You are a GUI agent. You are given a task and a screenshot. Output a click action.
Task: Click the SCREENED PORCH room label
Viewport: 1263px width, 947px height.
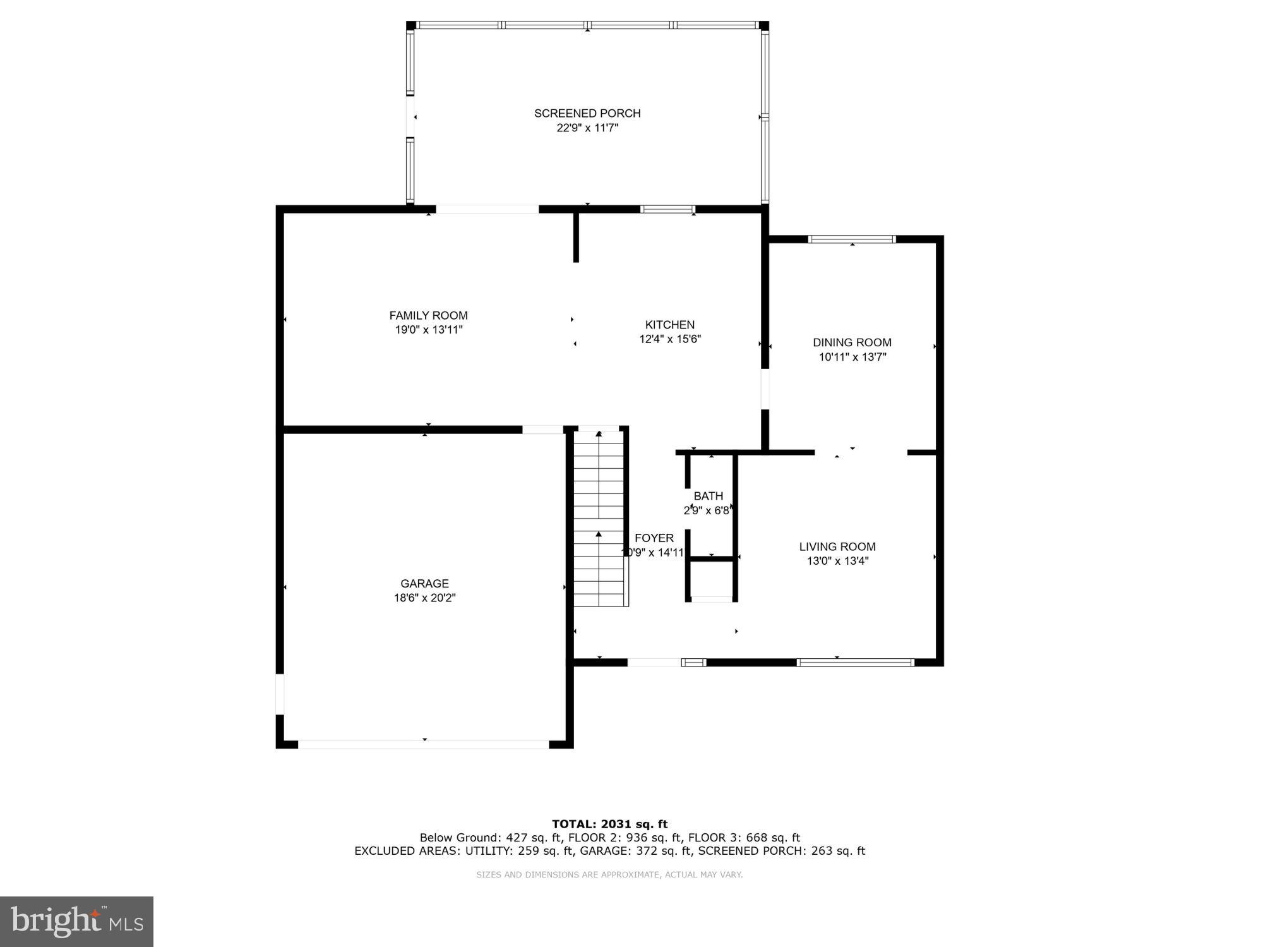pyautogui.click(x=587, y=113)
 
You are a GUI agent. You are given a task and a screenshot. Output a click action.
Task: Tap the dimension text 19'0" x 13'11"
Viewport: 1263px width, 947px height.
pyautogui.click(x=429, y=330)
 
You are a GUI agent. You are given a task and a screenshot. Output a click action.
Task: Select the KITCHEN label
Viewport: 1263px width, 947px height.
pyautogui.click(x=669, y=325)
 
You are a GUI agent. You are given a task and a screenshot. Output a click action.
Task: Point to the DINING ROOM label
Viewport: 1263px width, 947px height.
pyautogui.click(x=852, y=342)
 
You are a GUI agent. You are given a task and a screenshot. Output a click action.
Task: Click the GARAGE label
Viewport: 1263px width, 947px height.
pyautogui.click(x=424, y=584)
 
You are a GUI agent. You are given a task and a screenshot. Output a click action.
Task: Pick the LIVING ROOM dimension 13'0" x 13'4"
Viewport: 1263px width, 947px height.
pyautogui.click(x=837, y=561)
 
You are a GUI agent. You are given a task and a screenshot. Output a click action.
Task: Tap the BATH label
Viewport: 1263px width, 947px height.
pyautogui.click(x=708, y=497)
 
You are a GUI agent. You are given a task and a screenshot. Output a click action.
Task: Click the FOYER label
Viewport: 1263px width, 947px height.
pyautogui.click(x=654, y=538)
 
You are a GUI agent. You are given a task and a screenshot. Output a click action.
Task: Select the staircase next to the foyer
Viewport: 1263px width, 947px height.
pyautogui.click(x=599, y=518)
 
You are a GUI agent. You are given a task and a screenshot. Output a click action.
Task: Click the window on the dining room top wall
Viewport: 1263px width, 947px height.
pyautogui.click(x=852, y=239)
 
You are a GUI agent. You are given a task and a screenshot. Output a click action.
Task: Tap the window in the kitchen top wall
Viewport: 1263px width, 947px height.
pyautogui.click(x=667, y=210)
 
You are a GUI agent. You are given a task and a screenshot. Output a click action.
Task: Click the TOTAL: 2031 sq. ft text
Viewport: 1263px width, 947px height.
pyautogui.click(x=609, y=824)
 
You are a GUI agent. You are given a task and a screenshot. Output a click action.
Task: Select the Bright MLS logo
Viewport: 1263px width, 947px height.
pyautogui.click(x=76, y=922)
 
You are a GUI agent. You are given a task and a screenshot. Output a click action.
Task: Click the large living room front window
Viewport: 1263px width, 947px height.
pyautogui.click(x=855, y=662)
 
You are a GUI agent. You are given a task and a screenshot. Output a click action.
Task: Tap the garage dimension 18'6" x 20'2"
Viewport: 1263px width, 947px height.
pyautogui.click(x=424, y=598)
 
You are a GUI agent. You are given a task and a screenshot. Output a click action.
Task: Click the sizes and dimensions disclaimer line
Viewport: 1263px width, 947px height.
pyautogui.click(x=609, y=875)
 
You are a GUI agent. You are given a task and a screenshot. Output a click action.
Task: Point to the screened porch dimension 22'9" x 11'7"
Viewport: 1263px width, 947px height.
pyautogui.click(x=587, y=128)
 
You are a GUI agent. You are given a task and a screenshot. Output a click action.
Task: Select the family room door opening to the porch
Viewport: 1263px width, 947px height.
pyautogui.click(x=487, y=210)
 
